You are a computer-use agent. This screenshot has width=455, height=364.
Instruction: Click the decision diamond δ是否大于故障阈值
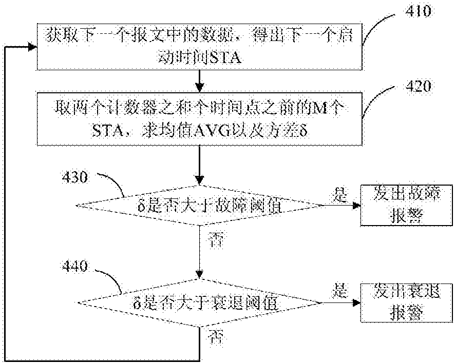pos(200,206)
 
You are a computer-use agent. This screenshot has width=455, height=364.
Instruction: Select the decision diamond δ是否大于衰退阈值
pos(200,302)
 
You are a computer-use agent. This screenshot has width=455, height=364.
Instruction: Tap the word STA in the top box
pos(222,59)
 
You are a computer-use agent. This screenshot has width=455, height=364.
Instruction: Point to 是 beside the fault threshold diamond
pos(339,194)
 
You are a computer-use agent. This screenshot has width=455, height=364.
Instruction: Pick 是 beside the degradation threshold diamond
pos(339,291)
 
